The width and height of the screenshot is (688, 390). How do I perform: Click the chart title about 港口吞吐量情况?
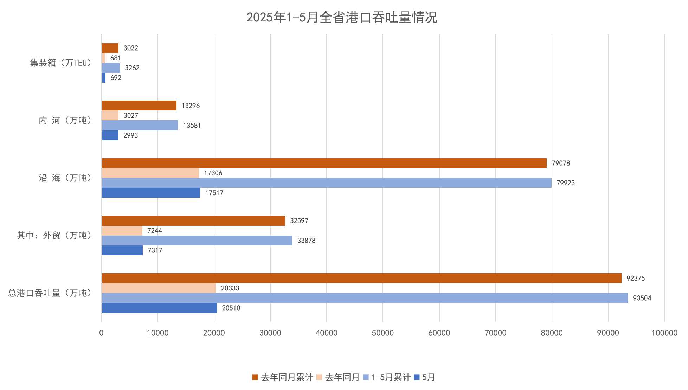click(x=342, y=17)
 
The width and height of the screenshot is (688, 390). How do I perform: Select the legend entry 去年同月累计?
click(x=283, y=377)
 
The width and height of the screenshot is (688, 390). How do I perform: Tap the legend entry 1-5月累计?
click(x=387, y=377)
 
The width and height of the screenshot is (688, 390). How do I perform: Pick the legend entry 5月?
click(x=425, y=377)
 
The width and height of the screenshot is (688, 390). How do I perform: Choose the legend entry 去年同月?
click(x=338, y=377)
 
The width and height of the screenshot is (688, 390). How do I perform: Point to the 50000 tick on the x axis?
click(x=383, y=333)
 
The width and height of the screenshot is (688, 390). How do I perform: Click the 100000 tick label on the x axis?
click(x=664, y=333)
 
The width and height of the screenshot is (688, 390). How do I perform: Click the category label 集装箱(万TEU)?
click(x=60, y=63)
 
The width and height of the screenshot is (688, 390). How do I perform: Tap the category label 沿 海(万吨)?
click(x=65, y=178)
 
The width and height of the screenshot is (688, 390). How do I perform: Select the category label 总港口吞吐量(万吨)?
click(x=50, y=293)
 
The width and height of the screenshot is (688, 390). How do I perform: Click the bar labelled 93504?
click(x=365, y=298)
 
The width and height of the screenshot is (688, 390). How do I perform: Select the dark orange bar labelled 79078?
click(x=324, y=163)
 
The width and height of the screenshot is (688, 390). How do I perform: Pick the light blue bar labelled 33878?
click(x=197, y=241)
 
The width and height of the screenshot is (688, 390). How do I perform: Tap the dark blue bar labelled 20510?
click(x=159, y=308)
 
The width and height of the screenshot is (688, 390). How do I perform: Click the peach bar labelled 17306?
click(x=150, y=173)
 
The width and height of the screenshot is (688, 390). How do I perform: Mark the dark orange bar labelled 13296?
click(x=139, y=106)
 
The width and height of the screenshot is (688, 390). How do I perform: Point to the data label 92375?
click(x=635, y=278)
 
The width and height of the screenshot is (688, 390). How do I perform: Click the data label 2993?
click(x=130, y=135)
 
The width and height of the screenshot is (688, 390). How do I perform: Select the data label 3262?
click(x=132, y=68)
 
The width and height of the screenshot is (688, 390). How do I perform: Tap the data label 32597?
click(x=299, y=221)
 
